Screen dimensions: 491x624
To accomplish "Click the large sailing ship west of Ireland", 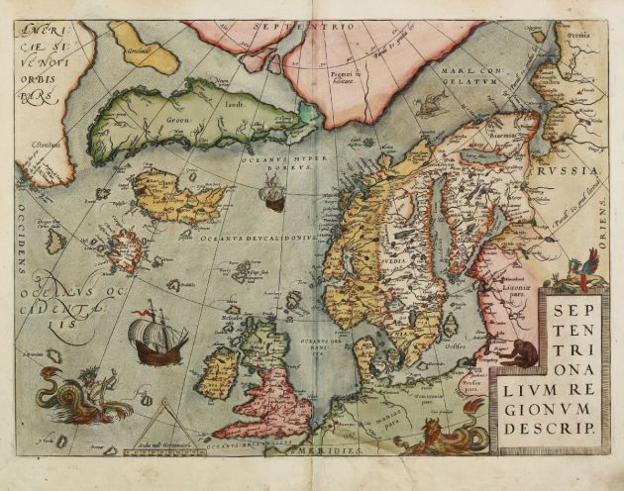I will click(157, 338).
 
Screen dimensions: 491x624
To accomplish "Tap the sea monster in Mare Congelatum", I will click(434, 102).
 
